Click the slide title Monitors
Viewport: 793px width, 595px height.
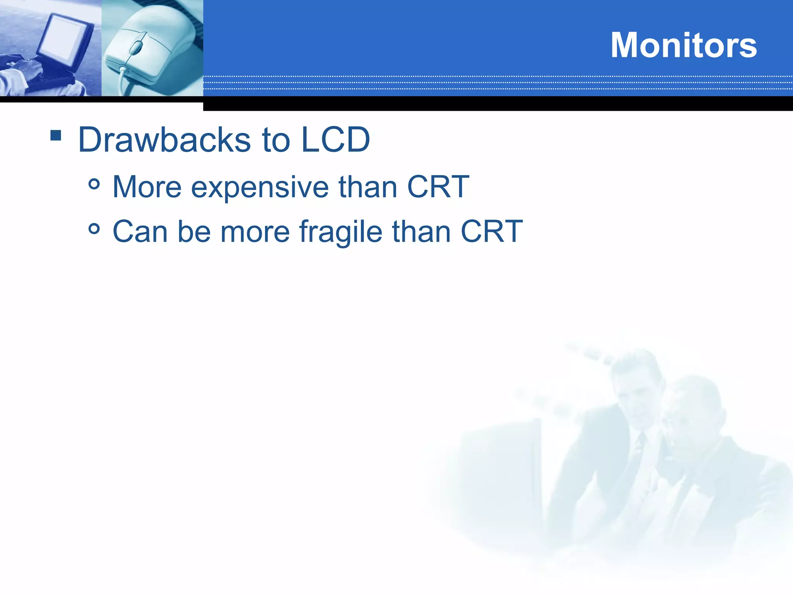(x=683, y=45)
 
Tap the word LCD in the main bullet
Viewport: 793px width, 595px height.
(x=335, y=140)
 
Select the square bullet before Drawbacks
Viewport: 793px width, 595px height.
(x=56, y=135)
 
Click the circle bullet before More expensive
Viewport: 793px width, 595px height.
(x=94, y=184)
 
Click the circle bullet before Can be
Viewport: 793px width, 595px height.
(x=94, y=229)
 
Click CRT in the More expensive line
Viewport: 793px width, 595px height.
(x=438, y=187)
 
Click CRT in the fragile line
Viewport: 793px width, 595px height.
(x=491, y=232)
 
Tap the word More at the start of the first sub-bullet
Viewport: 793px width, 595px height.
(x=147, y=187)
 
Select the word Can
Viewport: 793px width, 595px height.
(x=140, y=232)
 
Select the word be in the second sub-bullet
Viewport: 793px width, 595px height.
(x=194, y=232)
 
